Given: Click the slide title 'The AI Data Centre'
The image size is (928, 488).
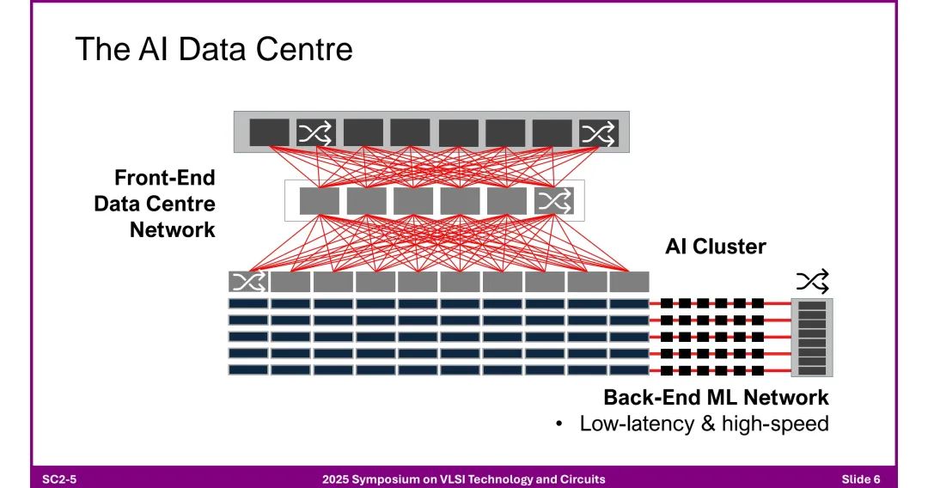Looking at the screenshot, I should [x=214, y=49].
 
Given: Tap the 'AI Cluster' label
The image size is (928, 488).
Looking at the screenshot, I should [x=715, y=247].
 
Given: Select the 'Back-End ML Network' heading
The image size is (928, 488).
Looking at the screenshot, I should [x=716, y=398].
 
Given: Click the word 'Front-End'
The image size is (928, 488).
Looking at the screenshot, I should [x=165, y=178].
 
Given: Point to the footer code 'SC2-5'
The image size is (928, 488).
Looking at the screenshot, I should [x=60, y=479].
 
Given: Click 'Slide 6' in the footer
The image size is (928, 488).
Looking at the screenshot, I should [x=861, y=479].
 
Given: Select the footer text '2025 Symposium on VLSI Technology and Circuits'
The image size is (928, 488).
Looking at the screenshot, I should [x=463, y=479].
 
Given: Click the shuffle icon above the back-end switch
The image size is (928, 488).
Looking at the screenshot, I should [x=812, y=280].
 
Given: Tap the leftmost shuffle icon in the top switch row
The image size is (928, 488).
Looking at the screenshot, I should [x=317, y=133].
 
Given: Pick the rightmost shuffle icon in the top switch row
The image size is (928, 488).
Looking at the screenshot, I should [x=598, y=133].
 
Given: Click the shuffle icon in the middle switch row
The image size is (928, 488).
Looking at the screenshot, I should [x=553, y=201].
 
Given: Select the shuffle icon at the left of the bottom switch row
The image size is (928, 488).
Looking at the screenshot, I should [x=248, y=282].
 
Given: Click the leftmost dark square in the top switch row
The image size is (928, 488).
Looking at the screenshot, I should [x=270, y=133].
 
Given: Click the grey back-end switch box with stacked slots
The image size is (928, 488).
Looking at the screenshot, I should [x=812, y=338].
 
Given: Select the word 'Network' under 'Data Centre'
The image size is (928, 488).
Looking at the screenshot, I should [x=173, y=230].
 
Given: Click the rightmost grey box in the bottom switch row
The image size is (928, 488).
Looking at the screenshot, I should [x=629, y=282].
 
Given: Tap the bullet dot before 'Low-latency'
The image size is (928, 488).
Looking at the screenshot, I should [x=559, y=424].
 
